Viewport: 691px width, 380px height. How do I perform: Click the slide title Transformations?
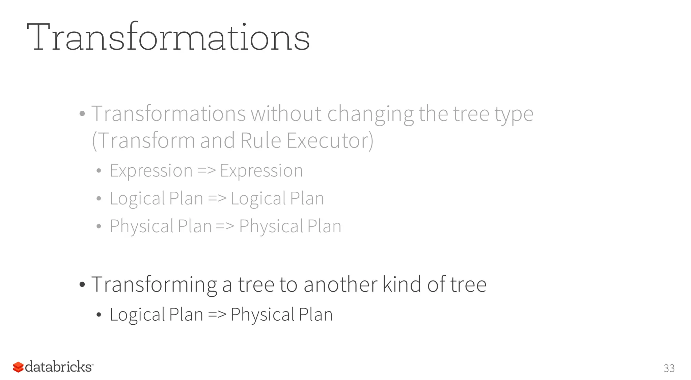coord(168,37)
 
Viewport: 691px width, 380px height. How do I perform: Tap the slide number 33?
coord(669,368)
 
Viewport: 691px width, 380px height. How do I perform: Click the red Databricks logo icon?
coord(18,367)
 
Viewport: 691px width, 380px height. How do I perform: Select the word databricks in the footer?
coord(58,367)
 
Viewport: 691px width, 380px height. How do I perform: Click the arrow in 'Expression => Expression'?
coord(206,171)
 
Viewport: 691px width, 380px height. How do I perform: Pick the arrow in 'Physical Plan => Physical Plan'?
coord(225,226)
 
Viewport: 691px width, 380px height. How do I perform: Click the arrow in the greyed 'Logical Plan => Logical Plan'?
coord(217,198)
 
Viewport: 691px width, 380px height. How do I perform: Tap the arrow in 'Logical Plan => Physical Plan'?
coord(217,315)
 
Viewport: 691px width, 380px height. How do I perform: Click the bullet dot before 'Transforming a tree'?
coord(82,285)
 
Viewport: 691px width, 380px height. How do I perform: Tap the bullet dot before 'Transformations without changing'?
coord(82,114)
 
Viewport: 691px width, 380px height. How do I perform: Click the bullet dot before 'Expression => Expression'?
coord(99,171)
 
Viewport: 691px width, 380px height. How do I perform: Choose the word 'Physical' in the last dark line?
coord(262,315)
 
